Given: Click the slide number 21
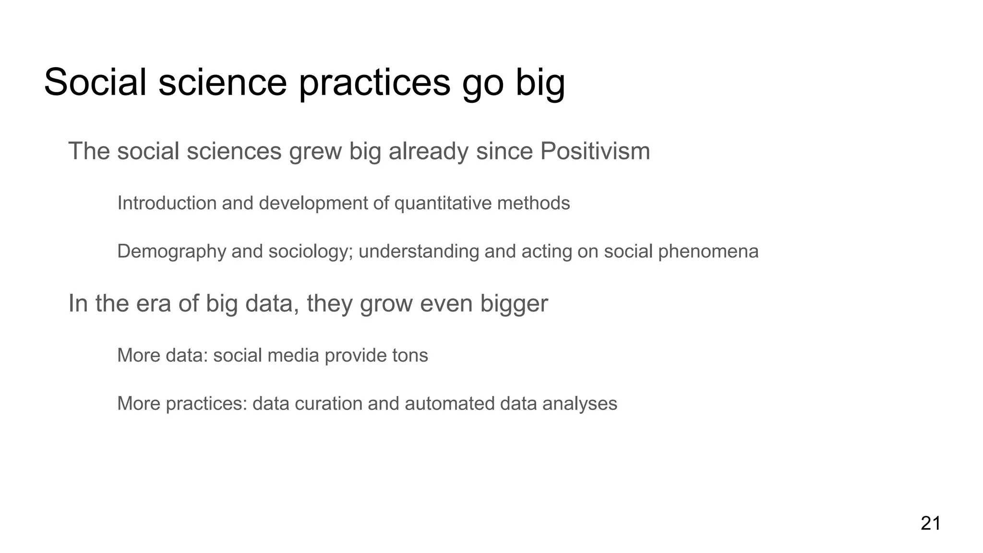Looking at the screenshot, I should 930,523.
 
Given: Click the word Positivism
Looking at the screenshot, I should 595,151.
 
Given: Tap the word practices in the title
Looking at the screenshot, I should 374,83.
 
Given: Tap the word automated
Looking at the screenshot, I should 449,403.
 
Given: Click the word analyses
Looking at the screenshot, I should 579,403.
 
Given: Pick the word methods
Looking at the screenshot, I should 533,203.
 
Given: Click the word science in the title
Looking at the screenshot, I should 222,83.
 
